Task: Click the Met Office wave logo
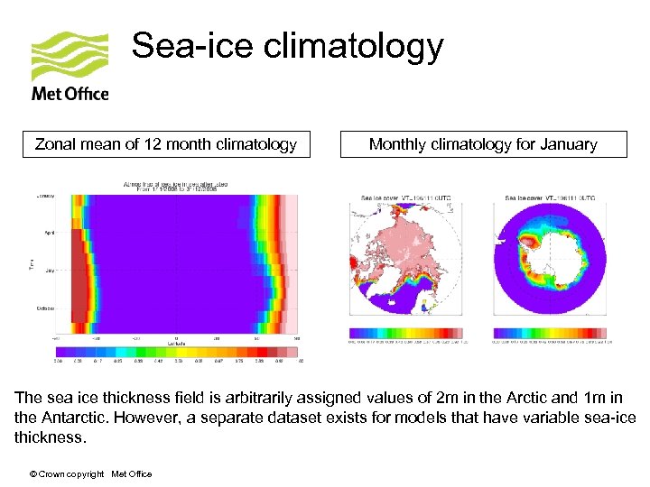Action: [x=70, y=55]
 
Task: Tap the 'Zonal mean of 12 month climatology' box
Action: [x=166, y=144]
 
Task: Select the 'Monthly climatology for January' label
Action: [x=483, y=144]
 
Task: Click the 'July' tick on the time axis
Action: [x=46, y=270]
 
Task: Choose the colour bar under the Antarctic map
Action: [x=549, y=333]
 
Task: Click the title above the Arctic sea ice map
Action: [x=405, y=197]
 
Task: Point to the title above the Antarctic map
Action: [x=549, y=197]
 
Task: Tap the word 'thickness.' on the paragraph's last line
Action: [x=50, y=437]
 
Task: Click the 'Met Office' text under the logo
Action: [x=70, y=93]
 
